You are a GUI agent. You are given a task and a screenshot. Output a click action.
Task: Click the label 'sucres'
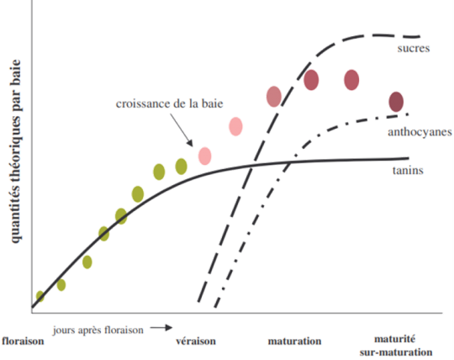pyautogui.click(x=414, y=49)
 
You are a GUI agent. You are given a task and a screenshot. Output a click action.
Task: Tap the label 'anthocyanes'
pyautogui.click(x=420, y=132)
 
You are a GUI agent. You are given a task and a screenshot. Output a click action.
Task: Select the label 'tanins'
pyautogui.click(x=408, y=170)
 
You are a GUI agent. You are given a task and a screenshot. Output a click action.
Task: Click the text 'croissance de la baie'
pyautogui.click(x=169, y=103)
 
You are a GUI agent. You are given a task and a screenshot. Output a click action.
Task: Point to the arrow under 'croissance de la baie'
pyautogui.click(x=182, y=130)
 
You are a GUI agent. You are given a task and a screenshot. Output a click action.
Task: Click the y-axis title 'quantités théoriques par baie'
pyautogui.click(x=15, y=151)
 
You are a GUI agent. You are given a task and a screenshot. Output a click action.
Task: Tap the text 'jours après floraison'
pyautogui.click(x=98, y=330)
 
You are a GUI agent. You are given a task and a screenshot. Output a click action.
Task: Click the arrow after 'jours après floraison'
pyautogui.click(x=161, y=328)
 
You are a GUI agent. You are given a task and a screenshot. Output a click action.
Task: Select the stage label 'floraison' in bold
pyautogui.click(x=23, y=341)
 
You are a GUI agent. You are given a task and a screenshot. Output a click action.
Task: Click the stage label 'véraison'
pyautogui.click(x=196, y=341)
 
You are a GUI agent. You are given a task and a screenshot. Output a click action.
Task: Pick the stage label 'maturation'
pyautogui.click(x=294, y=341)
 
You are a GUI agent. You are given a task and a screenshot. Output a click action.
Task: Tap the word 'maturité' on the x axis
pyautogui.click(x=395, y=339)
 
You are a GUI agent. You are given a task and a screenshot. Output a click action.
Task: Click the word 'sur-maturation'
pyautogui.click(x=396, y=352)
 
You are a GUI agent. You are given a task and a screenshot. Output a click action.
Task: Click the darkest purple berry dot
pyautogui.click(x=396, y=102)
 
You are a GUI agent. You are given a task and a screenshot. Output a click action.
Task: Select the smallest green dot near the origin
pyautogui.click(x=40, y=296)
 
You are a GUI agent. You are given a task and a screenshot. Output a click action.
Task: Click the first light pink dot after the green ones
pyautogui.click(x=204, y=156)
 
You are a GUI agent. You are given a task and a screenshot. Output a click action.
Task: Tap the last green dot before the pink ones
pyautogui.click(x=182, y=167)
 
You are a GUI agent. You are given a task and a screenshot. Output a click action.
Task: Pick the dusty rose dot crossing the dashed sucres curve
pyautogui.click(x=274, y=97)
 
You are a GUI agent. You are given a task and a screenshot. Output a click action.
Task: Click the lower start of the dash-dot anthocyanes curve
pyautogui.click(x=215, y=306)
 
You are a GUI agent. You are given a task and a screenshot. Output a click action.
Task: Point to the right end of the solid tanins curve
pyautogui.click(x=409, y=158)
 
